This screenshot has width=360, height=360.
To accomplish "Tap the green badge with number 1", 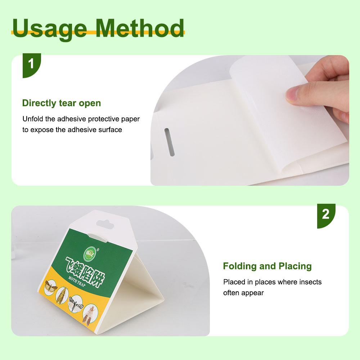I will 31,64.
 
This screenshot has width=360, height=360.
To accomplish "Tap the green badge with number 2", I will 326,215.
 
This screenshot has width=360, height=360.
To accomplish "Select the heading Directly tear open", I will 62,103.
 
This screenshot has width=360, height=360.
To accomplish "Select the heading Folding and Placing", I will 267,266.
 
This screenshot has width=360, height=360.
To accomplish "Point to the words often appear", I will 243,293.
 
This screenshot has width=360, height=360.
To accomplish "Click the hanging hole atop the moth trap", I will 103,225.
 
